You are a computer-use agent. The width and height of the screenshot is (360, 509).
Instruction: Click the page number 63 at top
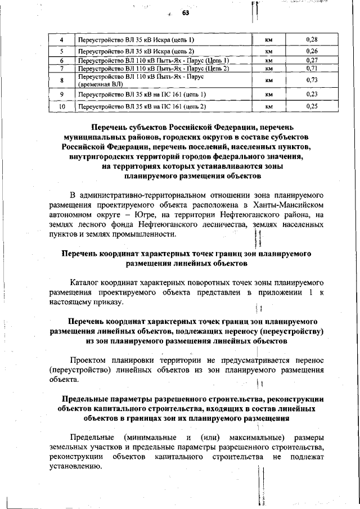click(186, 13)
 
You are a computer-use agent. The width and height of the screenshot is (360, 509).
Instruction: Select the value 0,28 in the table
click(312, 39)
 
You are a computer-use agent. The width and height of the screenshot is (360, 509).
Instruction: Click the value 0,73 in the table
click(312, 80)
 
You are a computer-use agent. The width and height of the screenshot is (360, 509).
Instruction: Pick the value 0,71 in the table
click(312, 68)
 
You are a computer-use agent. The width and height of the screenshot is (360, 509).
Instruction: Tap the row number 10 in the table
click(62, 105)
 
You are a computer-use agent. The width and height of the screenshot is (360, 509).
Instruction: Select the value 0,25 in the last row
click(312, 105)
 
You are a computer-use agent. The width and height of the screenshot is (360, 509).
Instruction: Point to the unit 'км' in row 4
click(269, 39)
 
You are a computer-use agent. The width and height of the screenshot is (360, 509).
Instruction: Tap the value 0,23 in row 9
click(312, 94)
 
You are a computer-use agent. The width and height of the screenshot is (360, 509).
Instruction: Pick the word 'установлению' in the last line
click(75, 466)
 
